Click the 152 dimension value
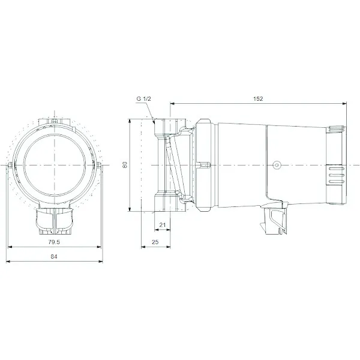[258, 99]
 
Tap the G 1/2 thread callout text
[144, 99]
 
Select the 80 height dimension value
[125, 164]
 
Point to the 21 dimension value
[163, 225]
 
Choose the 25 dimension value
[155, 242]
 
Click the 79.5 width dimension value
[54, 242]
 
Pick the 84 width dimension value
[54, 256]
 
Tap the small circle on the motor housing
[277, 165]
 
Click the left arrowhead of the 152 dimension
[172, 104]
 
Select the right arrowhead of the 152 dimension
[344, 104]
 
